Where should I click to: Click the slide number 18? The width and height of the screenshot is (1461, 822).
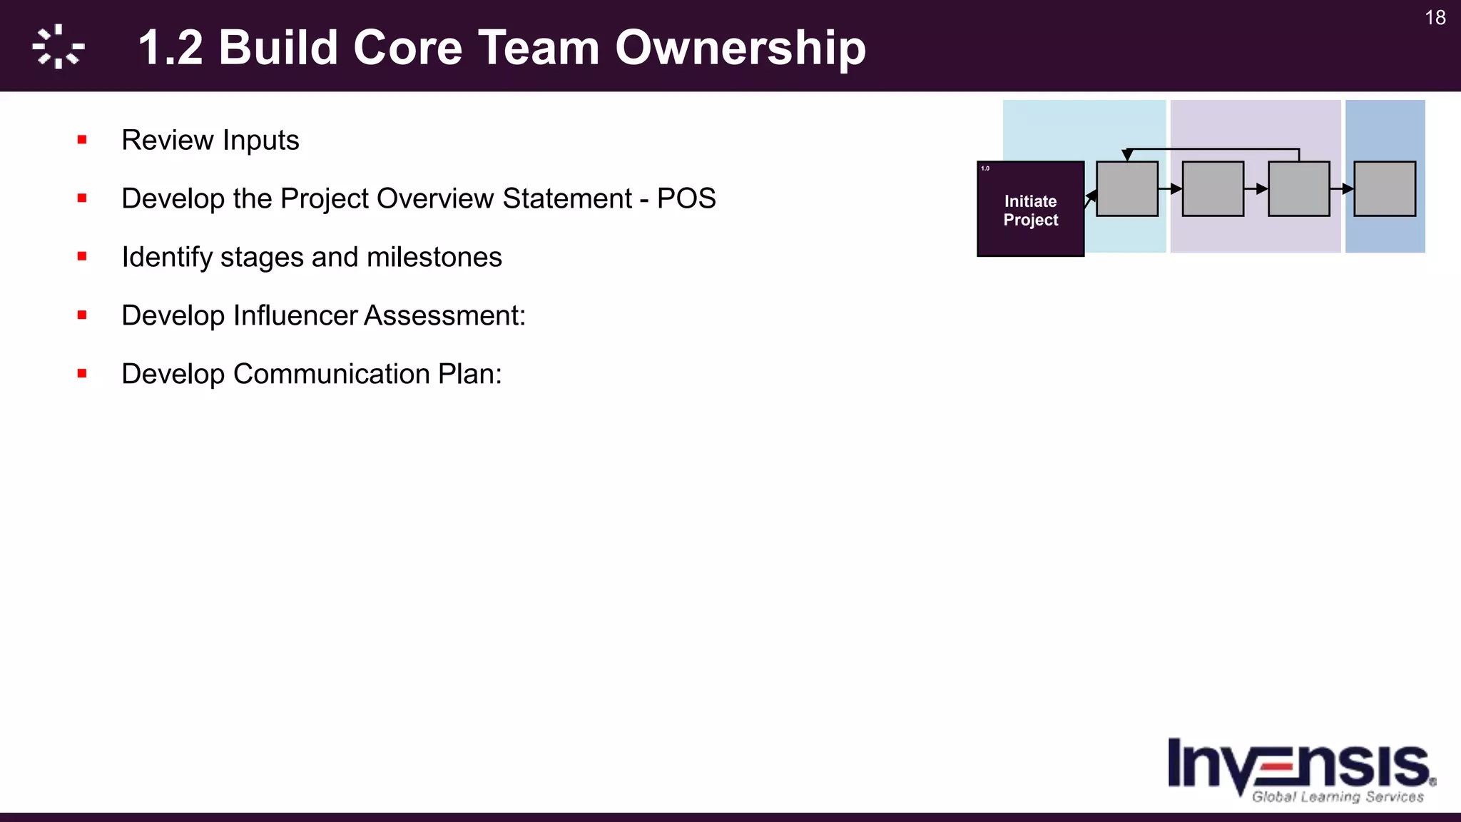click(1435, 18)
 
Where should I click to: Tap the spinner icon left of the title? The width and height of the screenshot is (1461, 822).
click(58, 47)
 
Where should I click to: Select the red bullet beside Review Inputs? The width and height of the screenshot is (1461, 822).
click(82, 140)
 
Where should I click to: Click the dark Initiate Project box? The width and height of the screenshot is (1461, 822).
click(1030, 210)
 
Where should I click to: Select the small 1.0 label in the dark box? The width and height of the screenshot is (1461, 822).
click(985, 168)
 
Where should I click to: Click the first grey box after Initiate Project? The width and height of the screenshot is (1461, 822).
click(1126, 189)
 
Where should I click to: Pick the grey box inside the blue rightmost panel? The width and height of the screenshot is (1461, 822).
click(1384, 189)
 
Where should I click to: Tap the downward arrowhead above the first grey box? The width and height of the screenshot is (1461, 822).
click(1127, 155)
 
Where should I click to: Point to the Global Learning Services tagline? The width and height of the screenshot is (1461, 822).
click(1337, 797)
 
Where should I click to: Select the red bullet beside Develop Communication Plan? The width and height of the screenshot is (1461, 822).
click(82, 373)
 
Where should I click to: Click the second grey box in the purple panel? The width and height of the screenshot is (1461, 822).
click(1298, 189)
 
